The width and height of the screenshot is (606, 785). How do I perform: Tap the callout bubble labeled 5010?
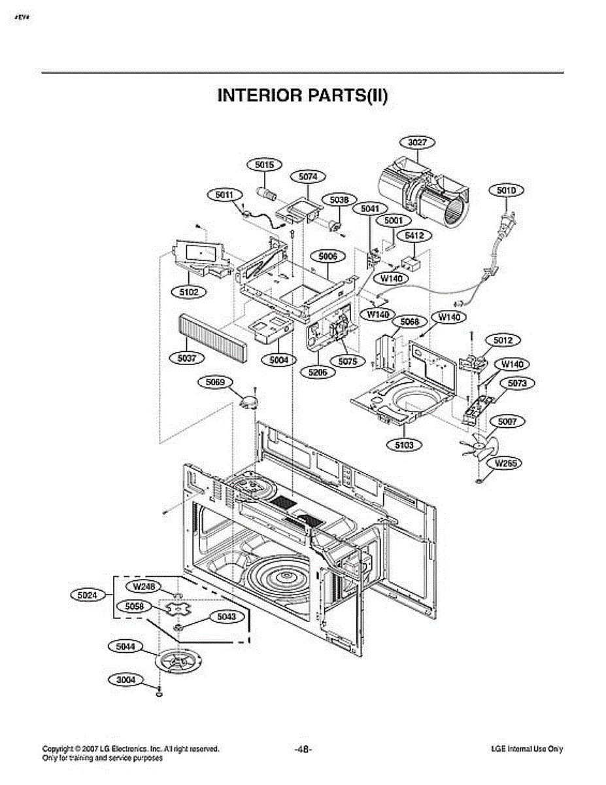coord(507,190)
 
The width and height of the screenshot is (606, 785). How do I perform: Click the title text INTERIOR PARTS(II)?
coord(303,96)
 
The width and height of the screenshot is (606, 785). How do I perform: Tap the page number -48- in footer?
coord(303,749)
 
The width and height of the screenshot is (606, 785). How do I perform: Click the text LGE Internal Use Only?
coord(527,749)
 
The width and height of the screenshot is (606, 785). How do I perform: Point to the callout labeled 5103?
coord(404,445)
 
